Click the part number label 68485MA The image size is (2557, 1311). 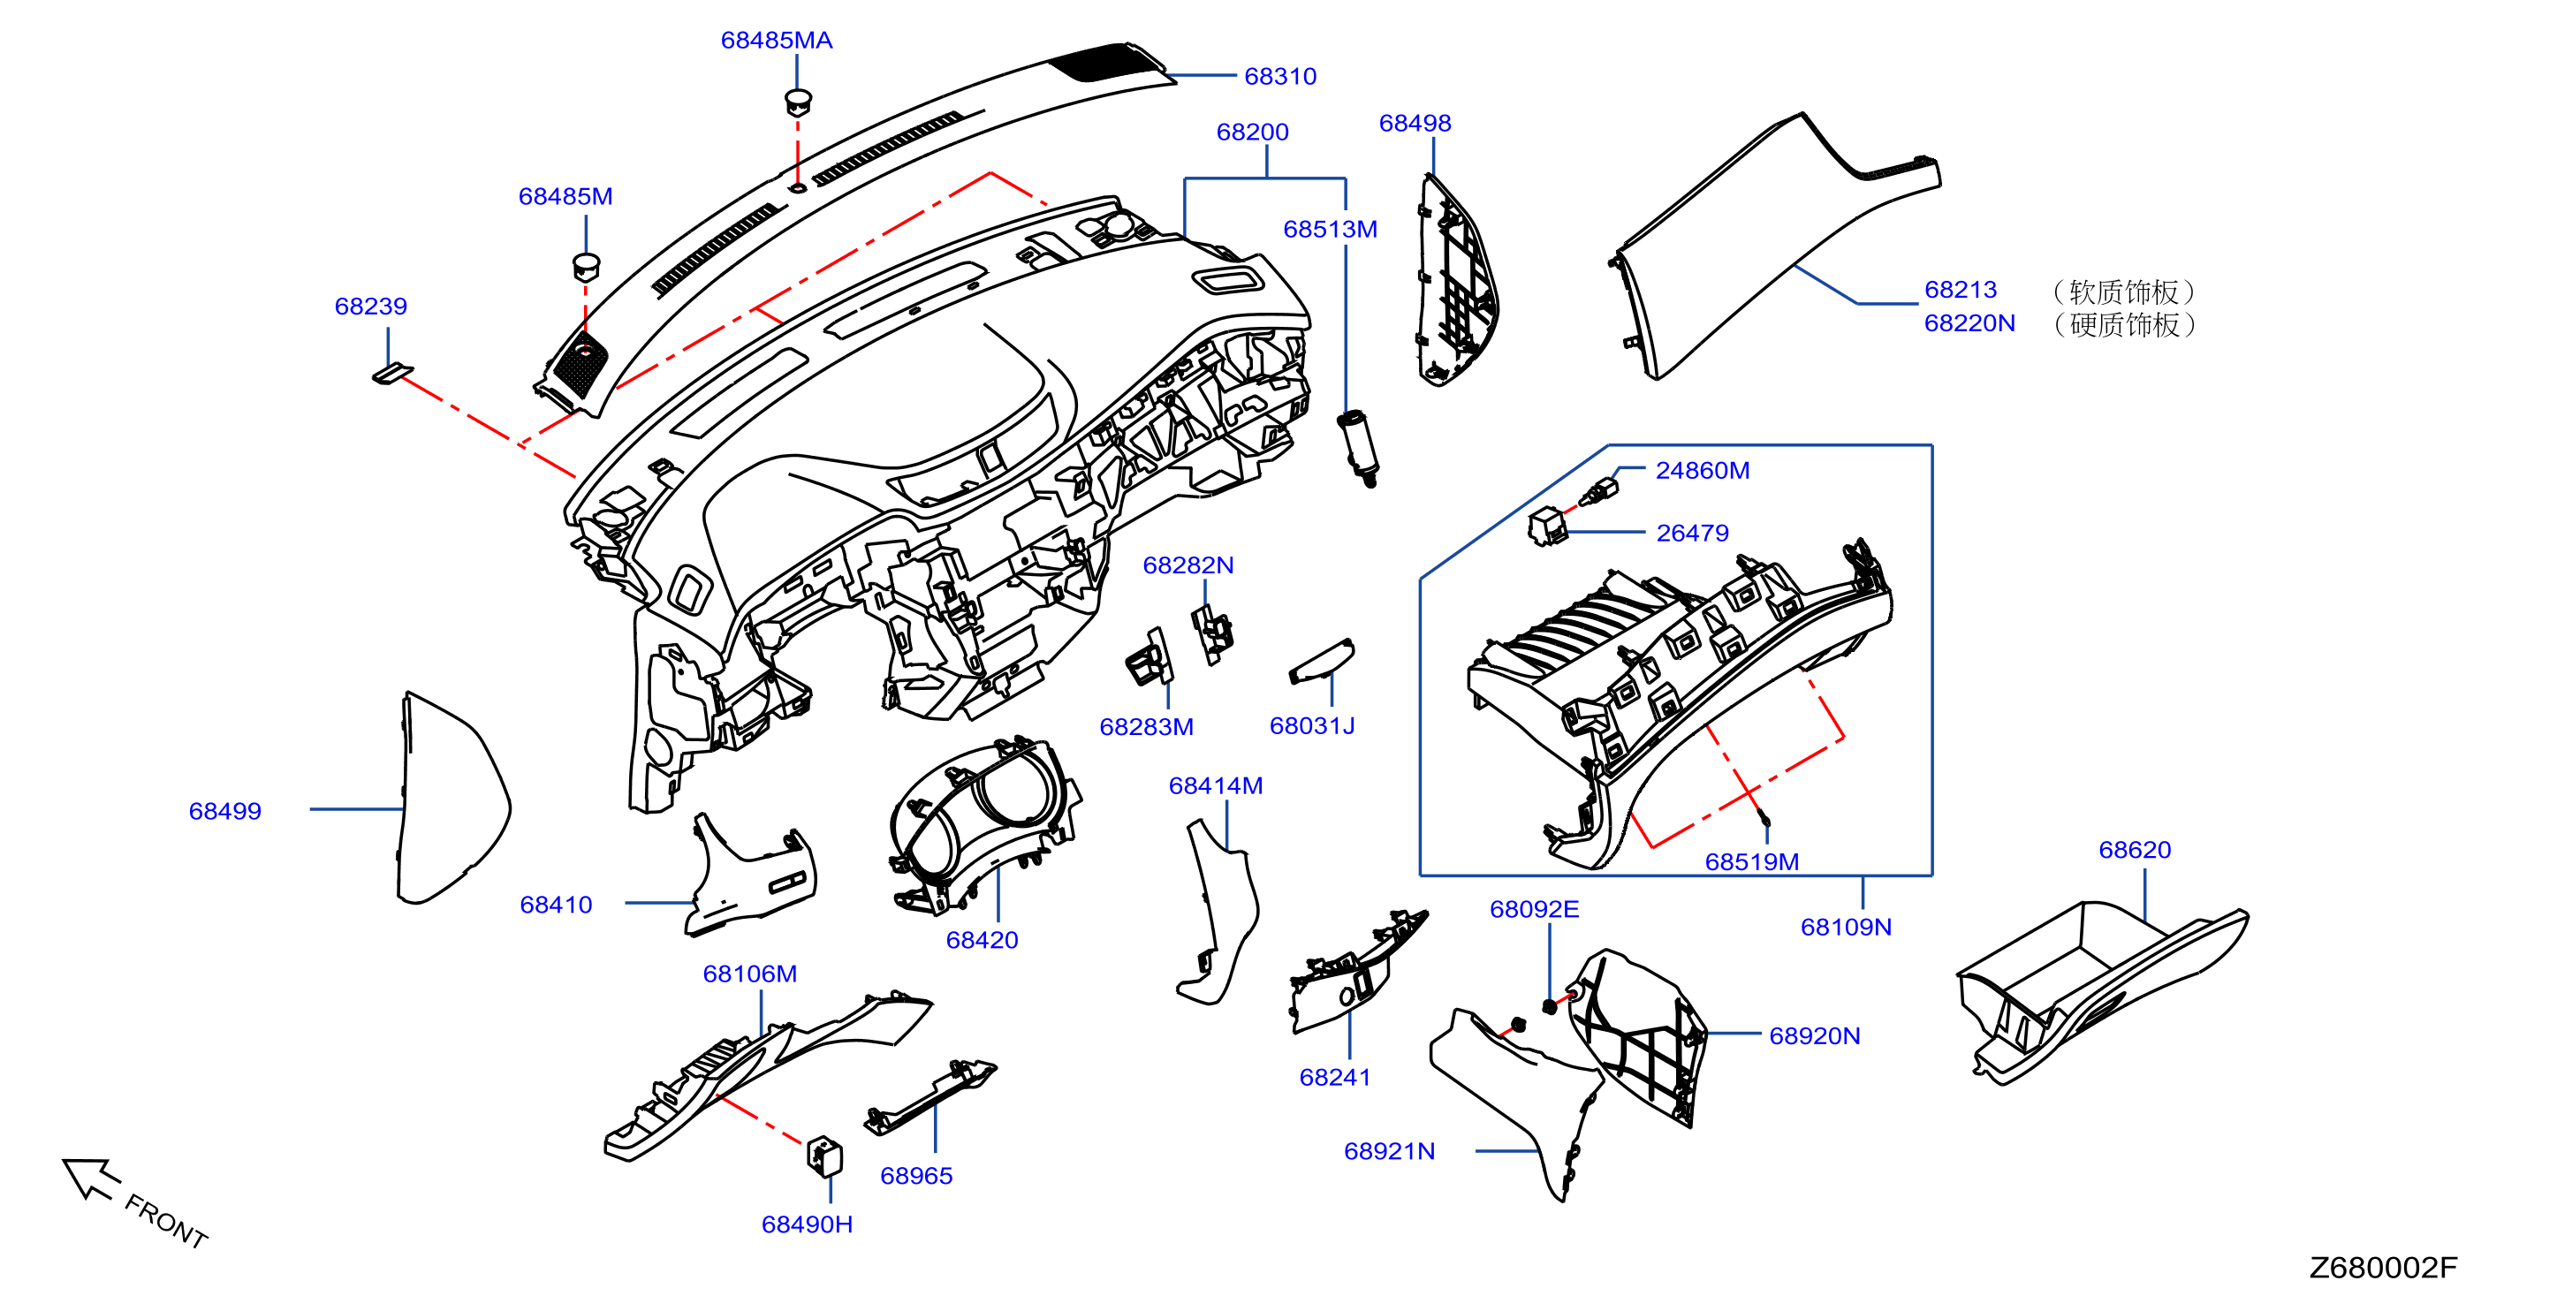(777, 41)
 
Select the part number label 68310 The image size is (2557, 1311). (1280, 77)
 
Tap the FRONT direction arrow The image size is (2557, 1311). (92, 1178)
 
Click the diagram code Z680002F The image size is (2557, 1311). (2383, 1268)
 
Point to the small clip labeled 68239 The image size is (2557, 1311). (392, 375)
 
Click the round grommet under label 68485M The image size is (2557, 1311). (587, 266)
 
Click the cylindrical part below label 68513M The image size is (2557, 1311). (1358, 448)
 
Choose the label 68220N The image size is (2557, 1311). (1969, 323)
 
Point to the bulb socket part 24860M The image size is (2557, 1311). (1597, 492)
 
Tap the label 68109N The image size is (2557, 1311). (1847, 927)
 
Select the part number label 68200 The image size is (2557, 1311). (1253, 132)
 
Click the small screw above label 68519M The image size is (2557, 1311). (1764, 818)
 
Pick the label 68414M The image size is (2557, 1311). (1216, 786)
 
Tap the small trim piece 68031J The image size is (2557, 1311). (1321, 661)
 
